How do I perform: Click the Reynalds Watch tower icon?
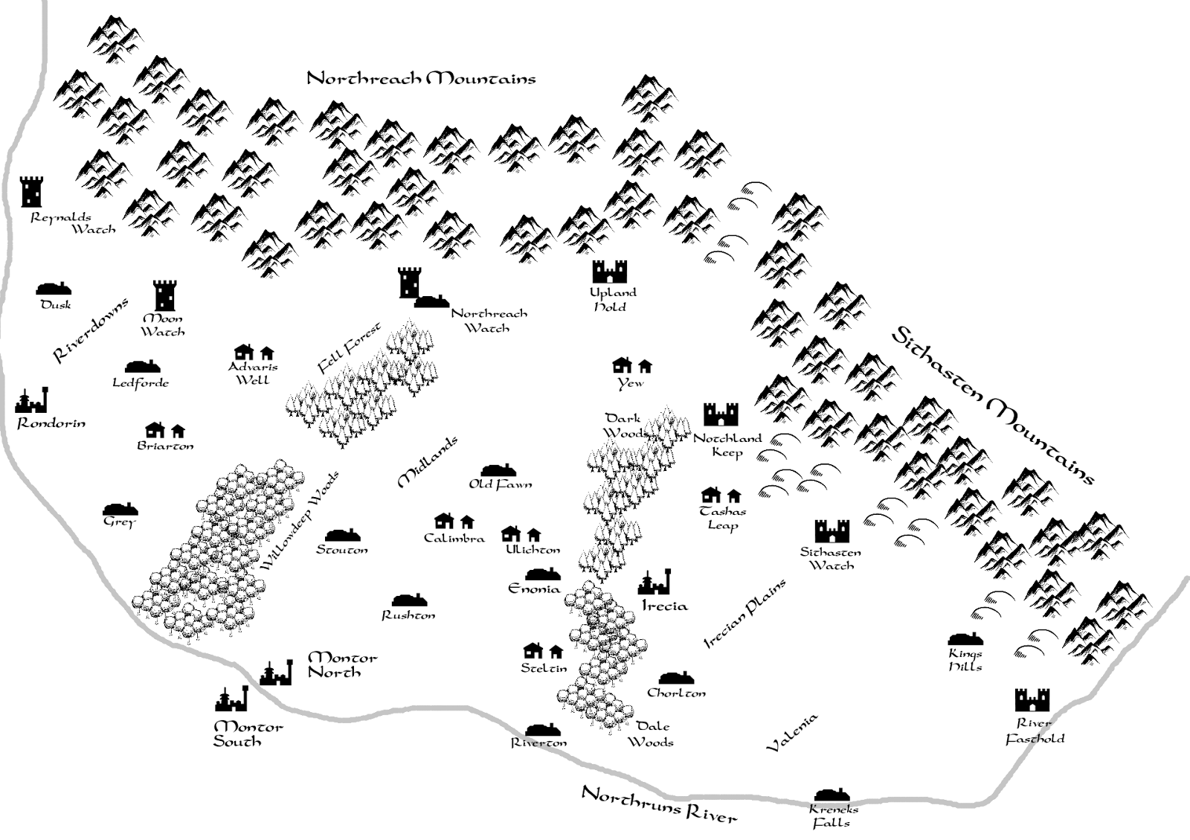pyautogui.click(x=31, y=191)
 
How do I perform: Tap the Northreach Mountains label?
pyautogui.click(x=421, y=78)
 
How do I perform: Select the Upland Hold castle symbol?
pyautogui.click(x=610, y=272)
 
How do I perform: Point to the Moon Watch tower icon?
pyautogui.click(x=164, y=295)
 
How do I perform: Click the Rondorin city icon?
pyautogui.click(x=32, y=401)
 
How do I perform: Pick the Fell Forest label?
pyautogui.click(x=349, y=347)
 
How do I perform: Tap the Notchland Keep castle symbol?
pyautogui.click(x=721, y=414)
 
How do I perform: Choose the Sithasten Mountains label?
pyautogui.click(x=992, y=405)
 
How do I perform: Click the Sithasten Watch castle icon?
pyautogui.click(x=832, y=531)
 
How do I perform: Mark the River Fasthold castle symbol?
pyautogui.click(x=1032, y=700)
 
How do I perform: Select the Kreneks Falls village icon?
pyautogui.click(x=832, y=794)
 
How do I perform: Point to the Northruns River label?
pyautogui.click(x=659, y=804)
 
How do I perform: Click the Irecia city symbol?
pyautogui.click(x=655, y=583)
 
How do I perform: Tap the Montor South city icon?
pyautogui.click(x=231, y=699)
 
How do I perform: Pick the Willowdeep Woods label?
pyautogui.click(x=300, y=520)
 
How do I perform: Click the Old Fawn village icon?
pyautogui.click(x=498, y=470)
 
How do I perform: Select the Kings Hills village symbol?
pyautogui.click(x=965, y=638)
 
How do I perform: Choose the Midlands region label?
pyautogui.click(x=428, y=462)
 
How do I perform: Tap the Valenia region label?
pyautogui.click(x=792, y=732)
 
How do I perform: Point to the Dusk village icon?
pyautogui.click(x=54, y=289)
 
